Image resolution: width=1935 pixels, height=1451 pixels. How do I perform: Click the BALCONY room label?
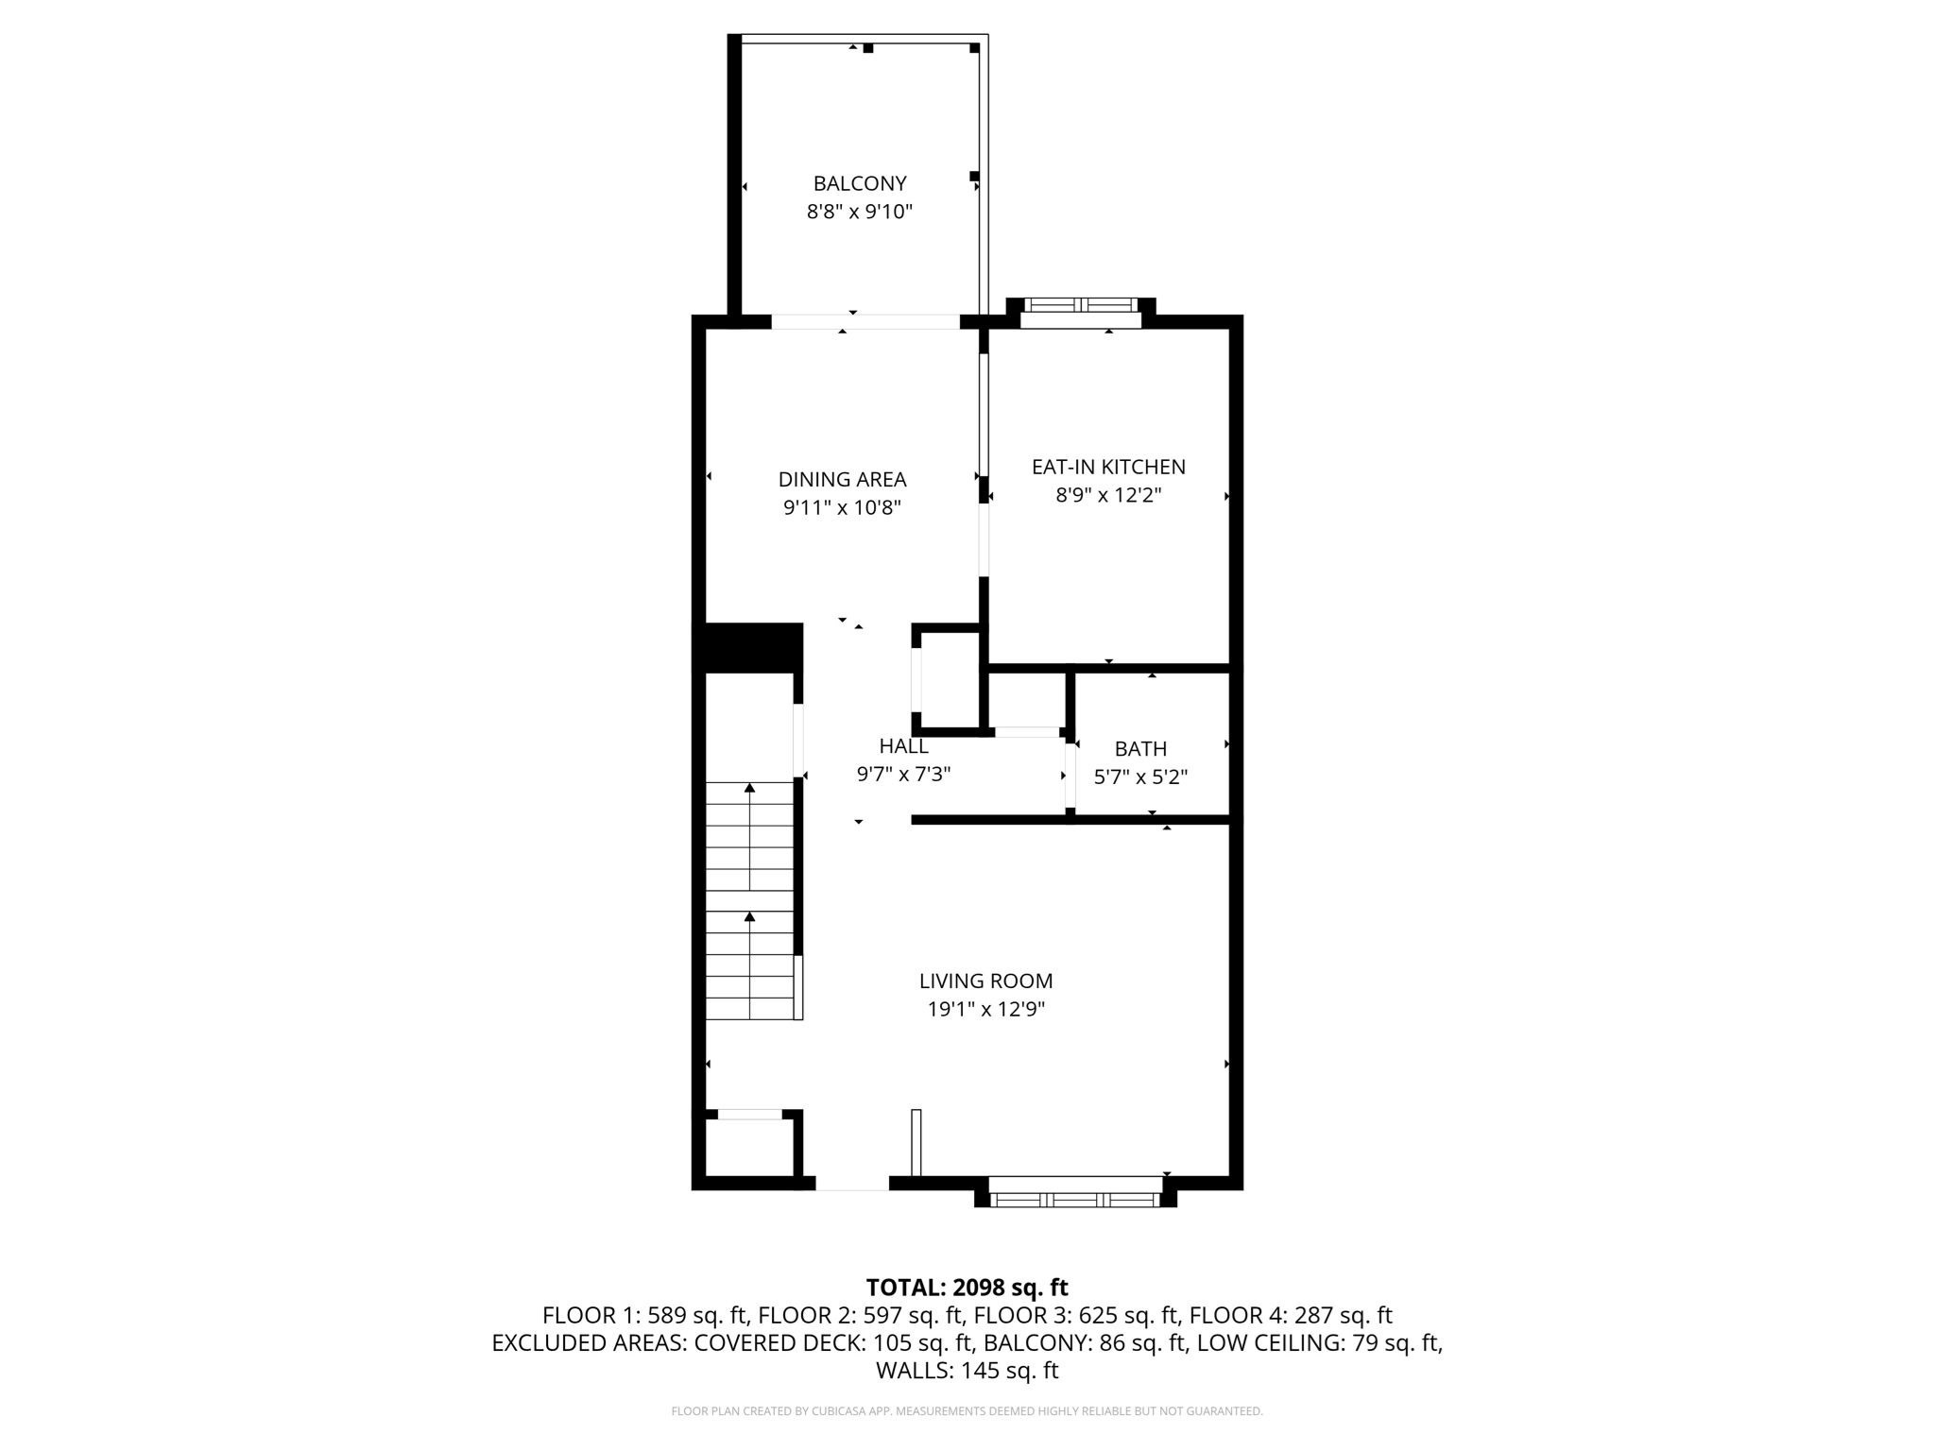(x=859, y=183)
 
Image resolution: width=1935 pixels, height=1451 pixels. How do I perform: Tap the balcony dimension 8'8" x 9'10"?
(x=859, y=212)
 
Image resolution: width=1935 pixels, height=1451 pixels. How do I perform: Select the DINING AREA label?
(x=842, y=479)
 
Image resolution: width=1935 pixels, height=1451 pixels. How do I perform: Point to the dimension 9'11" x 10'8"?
(x=842, y=507)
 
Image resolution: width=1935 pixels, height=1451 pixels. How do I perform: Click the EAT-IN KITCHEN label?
(x=1107, y=467)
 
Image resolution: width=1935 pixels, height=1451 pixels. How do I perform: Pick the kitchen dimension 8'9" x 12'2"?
(x=1107, y=495)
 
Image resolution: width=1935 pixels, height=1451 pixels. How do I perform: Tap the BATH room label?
(x=1140, y=749)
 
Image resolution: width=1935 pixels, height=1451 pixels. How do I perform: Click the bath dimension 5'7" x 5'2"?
(x=1140, y=777)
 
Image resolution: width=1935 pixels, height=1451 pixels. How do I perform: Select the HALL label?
(x=903, y=746)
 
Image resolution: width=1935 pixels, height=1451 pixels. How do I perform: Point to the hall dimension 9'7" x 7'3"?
(x=903, y=775)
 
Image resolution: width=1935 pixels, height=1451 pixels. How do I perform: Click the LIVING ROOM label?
(x=985, y=982)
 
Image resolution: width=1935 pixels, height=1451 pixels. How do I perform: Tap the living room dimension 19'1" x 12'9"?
(x=985, y=1010)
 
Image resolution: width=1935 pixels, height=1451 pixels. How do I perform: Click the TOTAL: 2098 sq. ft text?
(x=967, y=1288)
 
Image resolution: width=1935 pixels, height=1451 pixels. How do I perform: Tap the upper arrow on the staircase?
(x=749, y=788)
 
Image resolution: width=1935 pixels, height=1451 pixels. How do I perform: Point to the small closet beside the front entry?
(x=749, y=1148)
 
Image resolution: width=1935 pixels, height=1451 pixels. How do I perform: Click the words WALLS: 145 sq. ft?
(x=967, y=1370)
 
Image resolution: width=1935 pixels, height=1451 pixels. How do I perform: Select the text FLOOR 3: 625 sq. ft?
(x=1076, y=1315)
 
